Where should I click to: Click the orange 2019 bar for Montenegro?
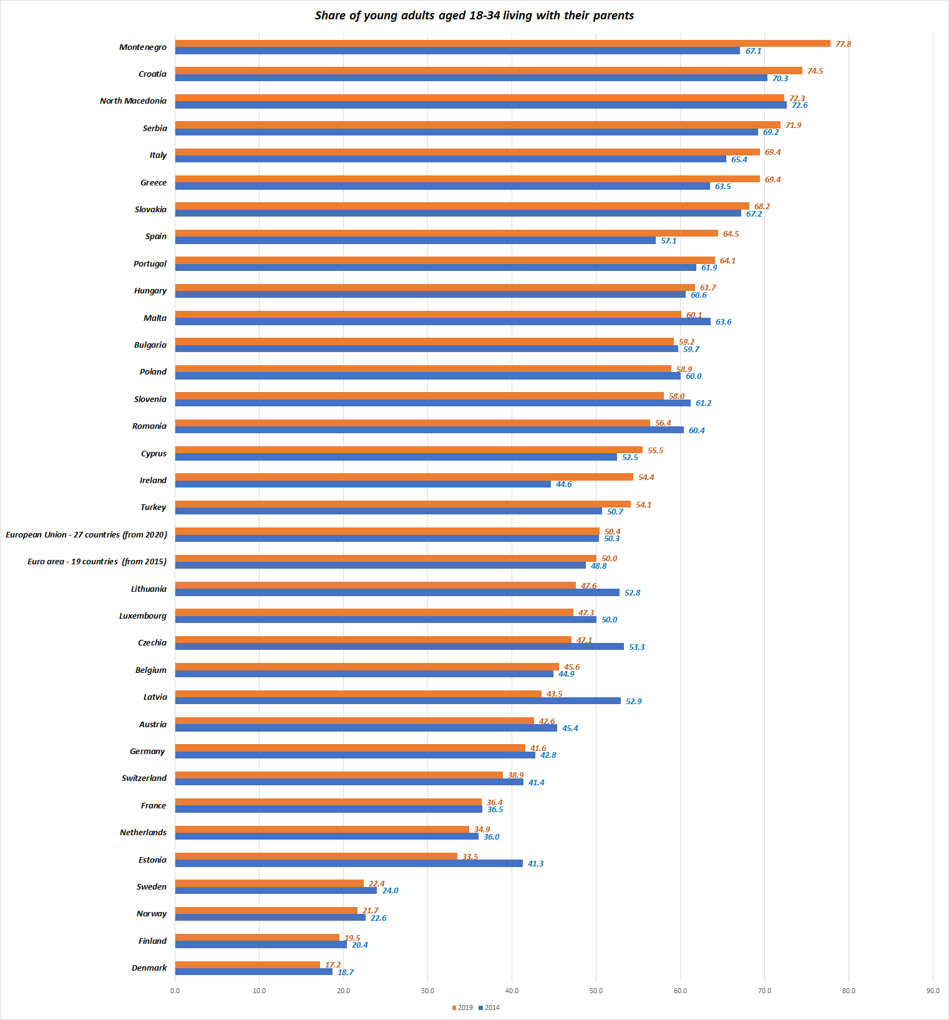502,44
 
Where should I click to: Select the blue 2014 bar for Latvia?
397,701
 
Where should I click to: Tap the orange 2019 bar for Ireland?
404,477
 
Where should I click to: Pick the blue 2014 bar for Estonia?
349,863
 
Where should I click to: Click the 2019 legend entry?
462,1008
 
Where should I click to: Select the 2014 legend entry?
489,1008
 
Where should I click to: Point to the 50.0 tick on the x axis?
596,991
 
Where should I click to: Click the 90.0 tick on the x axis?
933,991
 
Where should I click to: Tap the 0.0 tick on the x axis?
175,991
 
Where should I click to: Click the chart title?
474,16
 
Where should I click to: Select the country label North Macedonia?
133,101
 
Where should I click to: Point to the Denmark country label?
149,968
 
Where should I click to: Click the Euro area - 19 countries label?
97,562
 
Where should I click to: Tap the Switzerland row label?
144,778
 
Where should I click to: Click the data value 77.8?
843,44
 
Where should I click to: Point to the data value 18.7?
346,973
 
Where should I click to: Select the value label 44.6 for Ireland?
563,484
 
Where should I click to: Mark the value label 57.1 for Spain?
668,241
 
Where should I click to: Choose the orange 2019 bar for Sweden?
269,883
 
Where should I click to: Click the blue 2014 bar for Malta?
442,321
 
